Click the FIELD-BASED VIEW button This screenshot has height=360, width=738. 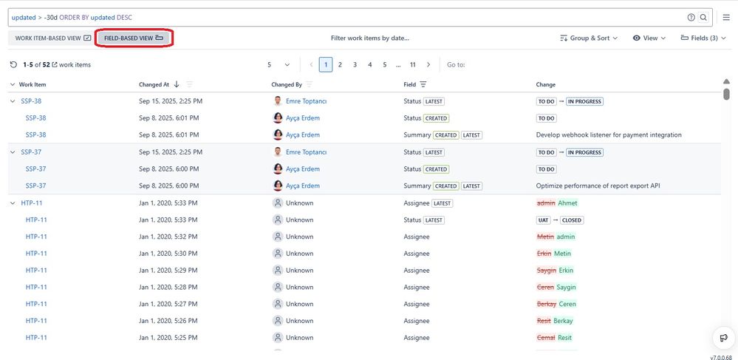(134, 38)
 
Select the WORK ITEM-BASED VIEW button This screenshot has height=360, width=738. (53, 38)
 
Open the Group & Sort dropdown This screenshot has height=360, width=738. (589, 38)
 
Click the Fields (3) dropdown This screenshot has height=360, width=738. (703, 38)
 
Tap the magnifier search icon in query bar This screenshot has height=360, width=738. (703, 17)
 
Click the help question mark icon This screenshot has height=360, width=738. (691, 17)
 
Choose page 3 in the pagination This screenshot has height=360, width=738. (355, 64)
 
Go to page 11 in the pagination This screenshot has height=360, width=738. (413, 64)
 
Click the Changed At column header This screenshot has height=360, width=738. (154, 84)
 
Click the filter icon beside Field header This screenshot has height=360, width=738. (423, 84)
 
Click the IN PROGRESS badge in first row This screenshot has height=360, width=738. (584, 101)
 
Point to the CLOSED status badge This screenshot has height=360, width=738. (572, 220)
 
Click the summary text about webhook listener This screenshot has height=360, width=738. (608, 135)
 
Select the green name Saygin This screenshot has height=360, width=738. (566, 287)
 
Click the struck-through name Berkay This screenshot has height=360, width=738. (546, 304)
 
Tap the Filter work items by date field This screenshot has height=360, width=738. (369, 38)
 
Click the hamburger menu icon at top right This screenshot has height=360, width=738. (725, 17)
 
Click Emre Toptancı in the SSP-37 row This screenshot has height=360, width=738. (306, 152)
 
